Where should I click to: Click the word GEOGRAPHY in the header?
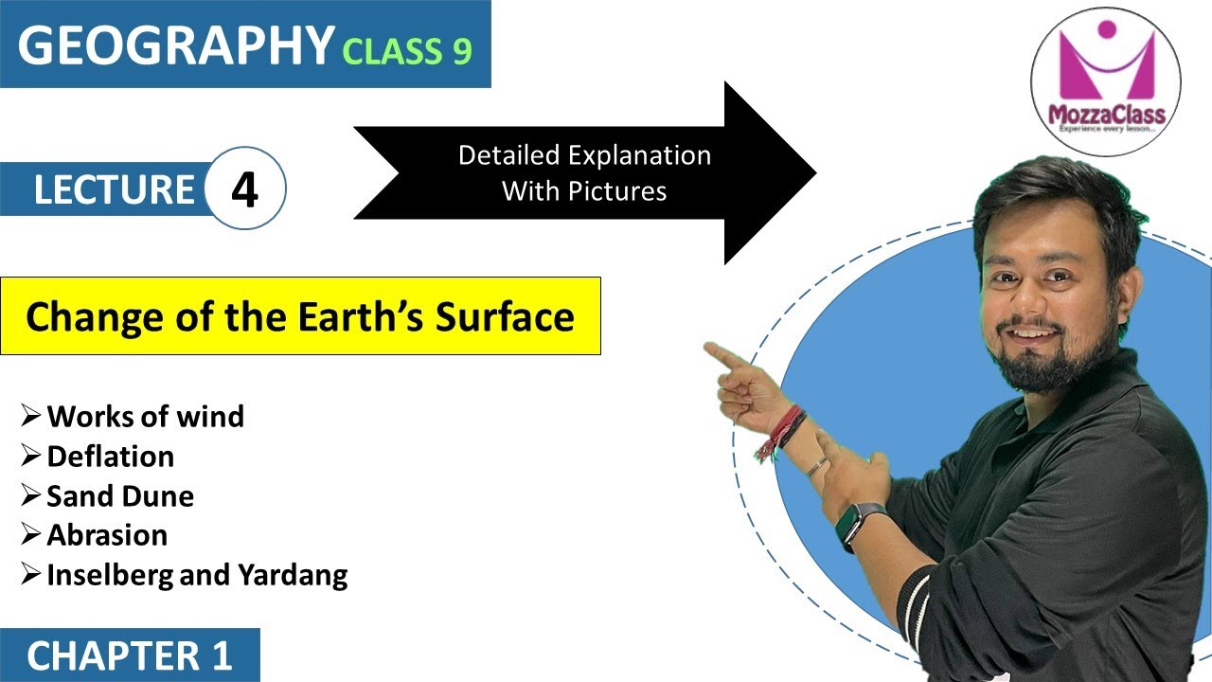[176, 45]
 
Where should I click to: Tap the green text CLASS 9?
[407, 51]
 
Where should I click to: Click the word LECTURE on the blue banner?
[114, 189]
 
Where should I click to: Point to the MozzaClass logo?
[1105, 81]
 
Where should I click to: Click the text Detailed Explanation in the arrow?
[584, 154]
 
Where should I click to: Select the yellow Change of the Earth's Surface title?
[300, 316]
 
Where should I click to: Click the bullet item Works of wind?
[145, 416]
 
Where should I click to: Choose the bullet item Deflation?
[110, 457]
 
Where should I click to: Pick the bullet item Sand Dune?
[120, 495]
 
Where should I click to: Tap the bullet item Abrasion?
[107, 535]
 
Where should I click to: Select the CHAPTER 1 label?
[130, 656]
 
